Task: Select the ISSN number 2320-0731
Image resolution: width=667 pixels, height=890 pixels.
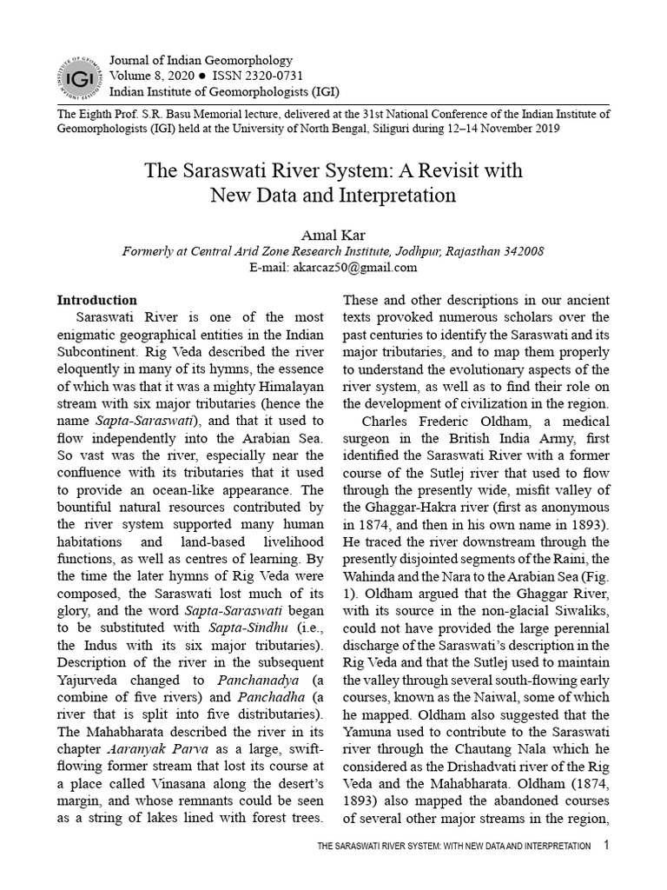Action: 261,75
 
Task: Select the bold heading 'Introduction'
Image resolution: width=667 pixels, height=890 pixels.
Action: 97,301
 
